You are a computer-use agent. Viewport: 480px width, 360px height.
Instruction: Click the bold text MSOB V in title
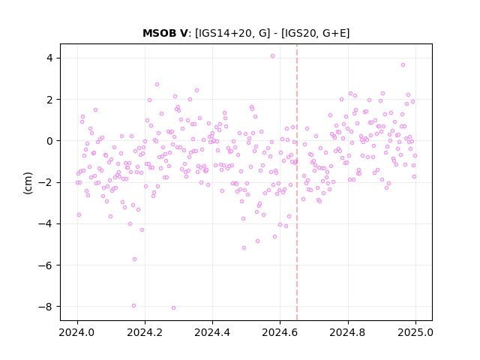click(165, 33)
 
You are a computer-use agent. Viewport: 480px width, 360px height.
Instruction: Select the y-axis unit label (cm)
click(28, 183)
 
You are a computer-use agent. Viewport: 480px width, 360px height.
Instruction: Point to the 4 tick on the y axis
click(49, 58)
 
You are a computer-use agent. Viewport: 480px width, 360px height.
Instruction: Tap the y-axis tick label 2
click(49, 100)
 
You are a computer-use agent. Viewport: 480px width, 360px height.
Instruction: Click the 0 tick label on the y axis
click(49, 141)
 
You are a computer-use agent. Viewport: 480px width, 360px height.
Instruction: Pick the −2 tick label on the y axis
click(45, 182)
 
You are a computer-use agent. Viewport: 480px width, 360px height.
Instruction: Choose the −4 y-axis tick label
click(45, 223)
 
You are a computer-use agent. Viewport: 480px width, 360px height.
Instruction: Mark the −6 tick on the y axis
click(45, 265)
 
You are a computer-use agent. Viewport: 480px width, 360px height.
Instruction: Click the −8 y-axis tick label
click(45, 307)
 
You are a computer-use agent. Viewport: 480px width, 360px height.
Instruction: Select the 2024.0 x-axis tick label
click(77, 332)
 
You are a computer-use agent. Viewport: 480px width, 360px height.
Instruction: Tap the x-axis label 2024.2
click(145, 332)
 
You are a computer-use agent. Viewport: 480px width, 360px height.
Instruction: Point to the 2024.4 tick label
click(212, 332)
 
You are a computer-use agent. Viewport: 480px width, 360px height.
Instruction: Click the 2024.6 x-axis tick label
click(280, 332)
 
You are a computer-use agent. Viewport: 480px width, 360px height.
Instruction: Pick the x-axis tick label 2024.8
click(348, 332)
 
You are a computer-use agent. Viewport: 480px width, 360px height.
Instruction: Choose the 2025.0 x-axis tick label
click(415, 332)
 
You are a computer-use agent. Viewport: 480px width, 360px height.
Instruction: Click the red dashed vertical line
click(297, 182)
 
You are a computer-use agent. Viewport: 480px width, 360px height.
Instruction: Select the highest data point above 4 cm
click(272, 56)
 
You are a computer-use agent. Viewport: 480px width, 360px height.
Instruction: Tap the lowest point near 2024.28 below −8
click(173, 308)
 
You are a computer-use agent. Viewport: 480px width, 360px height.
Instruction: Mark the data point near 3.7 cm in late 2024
click(403, 65)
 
